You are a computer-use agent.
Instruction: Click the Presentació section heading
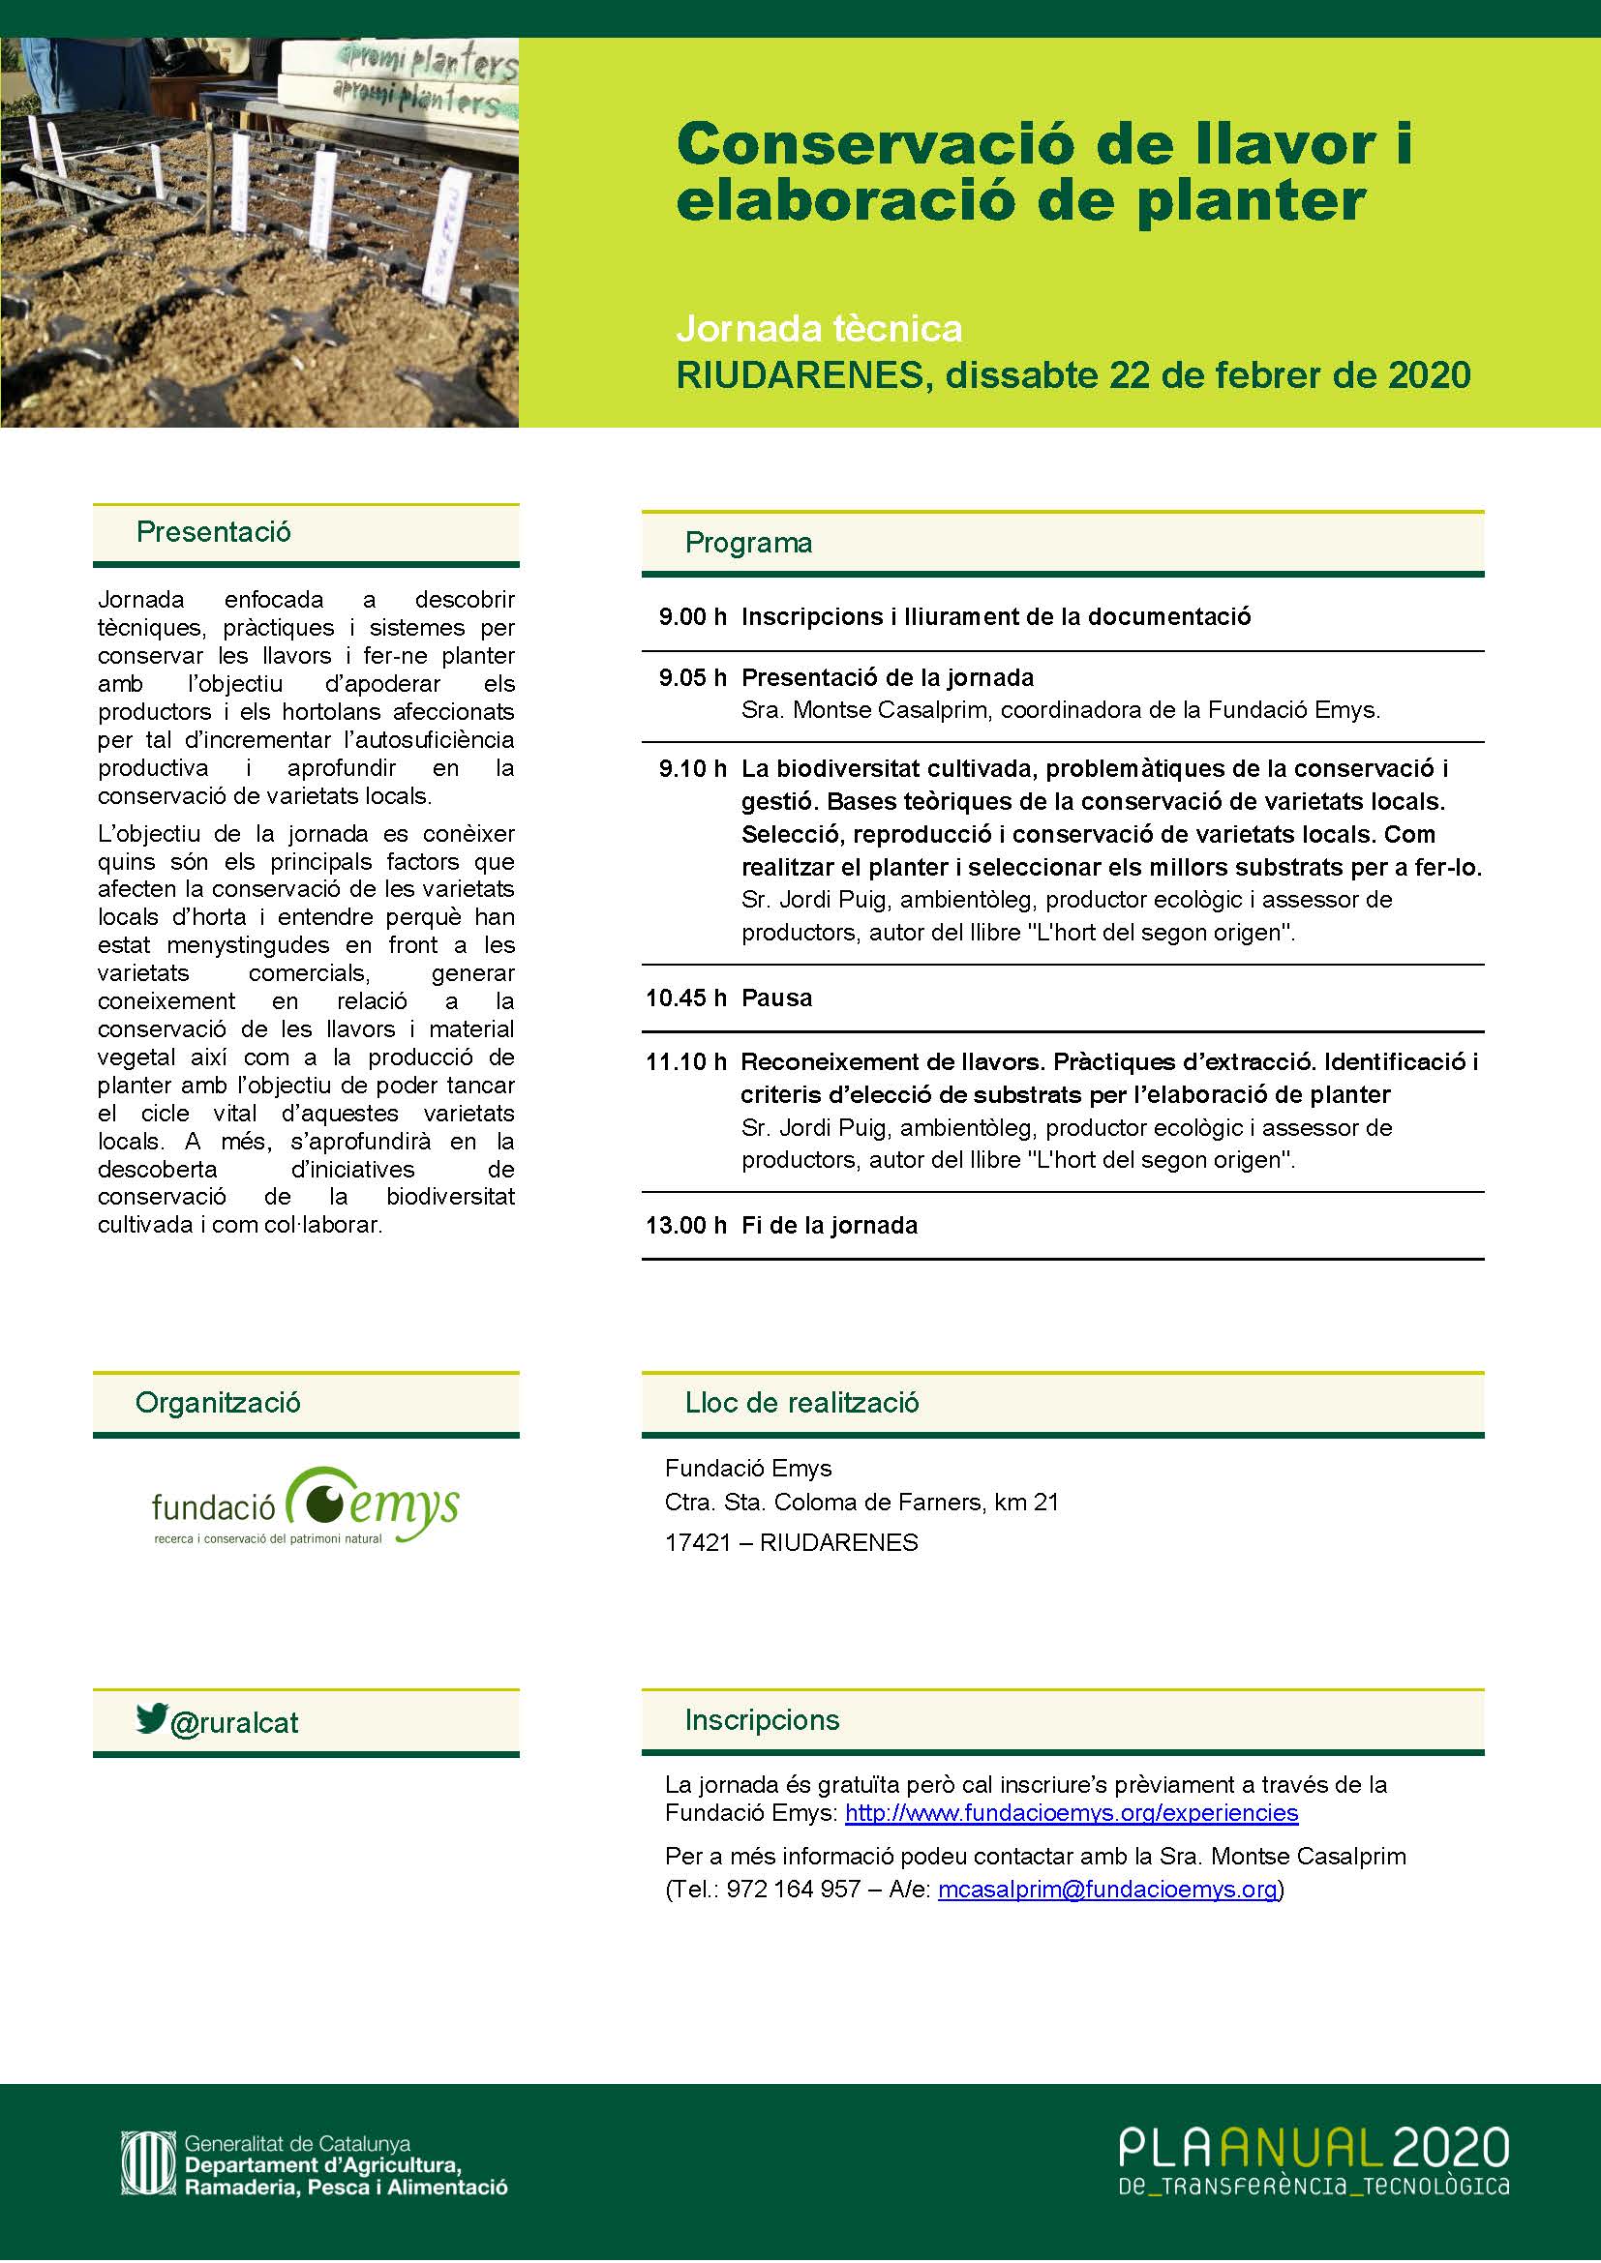(x=213, y=532)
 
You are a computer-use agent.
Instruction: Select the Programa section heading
(x=748, y=543)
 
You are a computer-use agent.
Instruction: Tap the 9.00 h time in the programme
(x=692, y=617)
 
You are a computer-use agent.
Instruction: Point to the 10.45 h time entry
(x=685, y=998)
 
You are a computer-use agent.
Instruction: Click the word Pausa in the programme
(x=777, y=998)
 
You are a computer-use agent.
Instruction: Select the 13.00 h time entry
(x=685, y=1225)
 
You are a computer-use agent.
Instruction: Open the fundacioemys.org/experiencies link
(x=1072, y=1812)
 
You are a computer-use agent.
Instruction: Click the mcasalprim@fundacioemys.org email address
(x=1107, y=1889)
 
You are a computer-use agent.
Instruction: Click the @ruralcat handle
(x=234, y=1723)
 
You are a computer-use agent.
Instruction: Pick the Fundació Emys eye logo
(x=320, y=1503)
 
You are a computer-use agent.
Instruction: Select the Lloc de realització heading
(x=801, y=1403)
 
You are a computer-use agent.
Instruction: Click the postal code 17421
(x=698, y=1542)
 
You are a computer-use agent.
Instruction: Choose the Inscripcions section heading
(x=762, y=1720)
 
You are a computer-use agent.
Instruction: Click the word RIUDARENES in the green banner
(x=802, y=375)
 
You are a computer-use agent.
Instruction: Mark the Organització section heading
(x=218, y=1403)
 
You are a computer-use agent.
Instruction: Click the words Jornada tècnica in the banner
(x=818, y=328)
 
